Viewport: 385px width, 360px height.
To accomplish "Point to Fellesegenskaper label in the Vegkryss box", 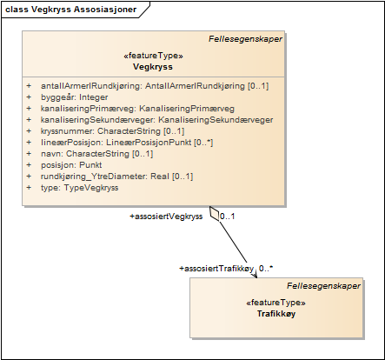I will (x=245, y=38).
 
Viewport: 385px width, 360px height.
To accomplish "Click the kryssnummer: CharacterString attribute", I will (x=112, y=130).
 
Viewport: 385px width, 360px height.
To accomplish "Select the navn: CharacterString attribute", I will (x=96, y=153).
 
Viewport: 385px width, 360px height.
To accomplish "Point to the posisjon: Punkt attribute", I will (x=71, y=164).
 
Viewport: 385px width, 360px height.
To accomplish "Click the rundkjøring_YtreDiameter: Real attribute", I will (x=116, y=176).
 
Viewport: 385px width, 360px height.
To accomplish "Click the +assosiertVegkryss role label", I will (x=166, y=215).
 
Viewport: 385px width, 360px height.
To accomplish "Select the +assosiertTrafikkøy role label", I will (x=216, y=269).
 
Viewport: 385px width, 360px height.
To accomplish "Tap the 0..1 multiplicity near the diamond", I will (x=228, y=216).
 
